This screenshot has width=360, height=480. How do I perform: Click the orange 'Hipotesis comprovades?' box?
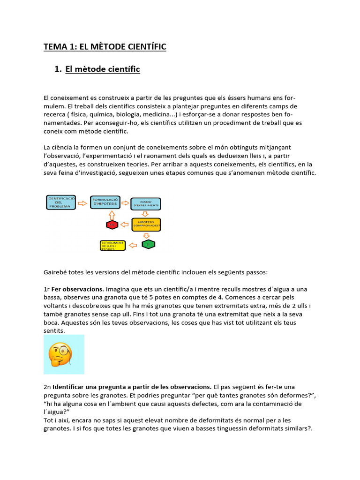(146, 225)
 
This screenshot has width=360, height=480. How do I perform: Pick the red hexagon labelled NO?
(112, 225)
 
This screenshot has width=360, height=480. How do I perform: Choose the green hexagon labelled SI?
(148, 244)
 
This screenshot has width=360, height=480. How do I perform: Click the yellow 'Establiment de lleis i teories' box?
(113, 245)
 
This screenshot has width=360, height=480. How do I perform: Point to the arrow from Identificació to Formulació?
(82, 203)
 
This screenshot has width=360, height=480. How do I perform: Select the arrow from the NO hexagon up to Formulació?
(112, 215)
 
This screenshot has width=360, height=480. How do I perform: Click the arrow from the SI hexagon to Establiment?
(133, 245)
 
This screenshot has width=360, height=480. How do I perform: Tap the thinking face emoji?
(64, 354)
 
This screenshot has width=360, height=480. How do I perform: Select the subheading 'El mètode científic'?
(102, 69)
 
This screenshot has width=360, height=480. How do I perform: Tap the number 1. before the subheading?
(58, 69)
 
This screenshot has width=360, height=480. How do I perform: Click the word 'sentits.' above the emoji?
(54, 331)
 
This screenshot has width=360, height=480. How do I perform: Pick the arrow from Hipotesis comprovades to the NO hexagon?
(125, 225)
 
